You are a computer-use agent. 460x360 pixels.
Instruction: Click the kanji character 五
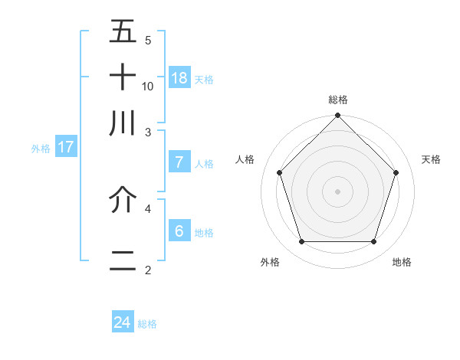tap(123, 32)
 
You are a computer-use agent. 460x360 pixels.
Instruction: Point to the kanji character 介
tap(123, 200)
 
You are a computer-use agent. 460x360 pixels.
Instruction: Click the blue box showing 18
tap(179, 77)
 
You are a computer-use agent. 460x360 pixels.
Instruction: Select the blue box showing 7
tap(179, 162)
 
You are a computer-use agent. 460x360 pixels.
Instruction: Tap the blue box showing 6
tap(179, 231)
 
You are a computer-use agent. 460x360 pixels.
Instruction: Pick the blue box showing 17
tap(66, 147)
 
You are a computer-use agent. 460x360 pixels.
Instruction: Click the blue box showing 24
tap(123, 322)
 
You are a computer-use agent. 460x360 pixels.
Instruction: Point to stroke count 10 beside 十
tap(148, 86)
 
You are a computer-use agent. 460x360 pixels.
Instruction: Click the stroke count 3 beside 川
tap(148, 131)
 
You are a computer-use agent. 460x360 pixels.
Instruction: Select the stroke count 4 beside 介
tap(148, 208)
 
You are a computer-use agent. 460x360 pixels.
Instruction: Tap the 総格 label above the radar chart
tap(338, 100)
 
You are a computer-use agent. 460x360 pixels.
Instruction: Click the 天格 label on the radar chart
tap(431, 159)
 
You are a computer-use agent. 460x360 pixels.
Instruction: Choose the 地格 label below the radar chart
tap(402, 262)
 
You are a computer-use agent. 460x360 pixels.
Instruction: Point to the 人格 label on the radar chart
tap(245, 159)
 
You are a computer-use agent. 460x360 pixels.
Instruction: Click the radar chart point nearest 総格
tap(338, 116)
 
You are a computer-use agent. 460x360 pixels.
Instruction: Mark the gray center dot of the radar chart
tap(338, 191)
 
